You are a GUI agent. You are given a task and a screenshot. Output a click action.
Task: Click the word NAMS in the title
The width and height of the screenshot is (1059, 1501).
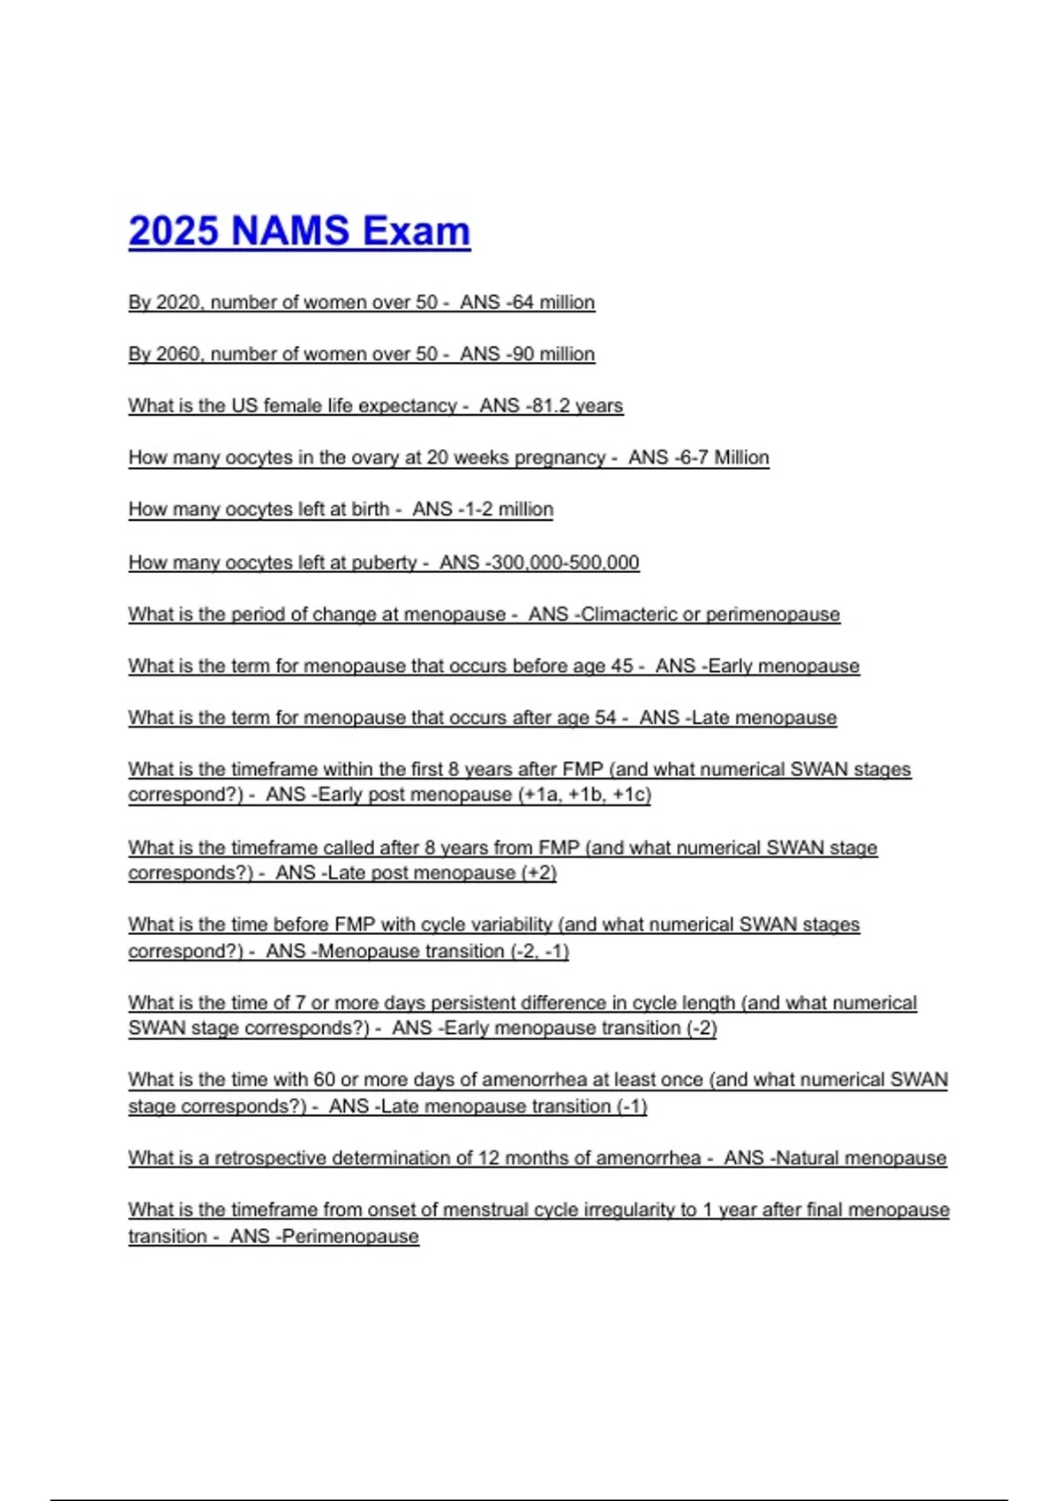[290, 231]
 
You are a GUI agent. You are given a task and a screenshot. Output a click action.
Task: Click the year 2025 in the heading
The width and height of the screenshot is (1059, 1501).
[173, 231]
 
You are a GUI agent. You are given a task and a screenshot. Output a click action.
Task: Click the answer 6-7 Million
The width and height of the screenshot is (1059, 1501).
[722, 457]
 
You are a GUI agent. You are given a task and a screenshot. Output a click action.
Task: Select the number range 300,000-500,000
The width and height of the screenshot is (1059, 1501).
[566, 562]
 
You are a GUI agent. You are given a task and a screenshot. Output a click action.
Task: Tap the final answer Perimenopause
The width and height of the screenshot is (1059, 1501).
[350, 1236]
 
